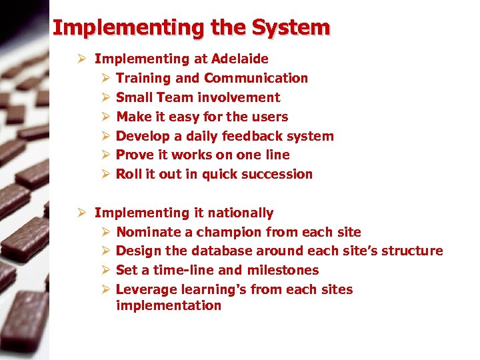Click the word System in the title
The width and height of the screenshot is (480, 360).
(291, 27)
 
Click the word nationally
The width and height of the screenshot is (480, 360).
(240, 213)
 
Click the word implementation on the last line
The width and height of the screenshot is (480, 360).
(168, 306)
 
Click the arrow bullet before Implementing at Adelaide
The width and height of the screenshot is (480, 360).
(81, 59)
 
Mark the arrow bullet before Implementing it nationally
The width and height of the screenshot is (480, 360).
(81, 213)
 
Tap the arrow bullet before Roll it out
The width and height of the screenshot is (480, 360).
(104, 175)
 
